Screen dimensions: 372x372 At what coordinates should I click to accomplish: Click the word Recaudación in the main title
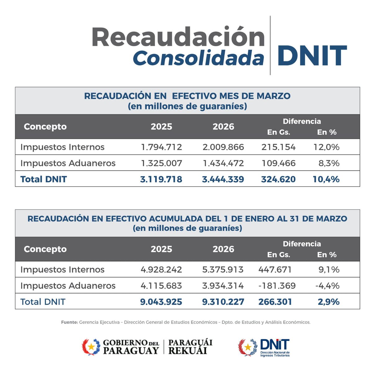click(x=178, y=37)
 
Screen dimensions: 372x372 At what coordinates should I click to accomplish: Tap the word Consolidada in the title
click(x=198, y=58)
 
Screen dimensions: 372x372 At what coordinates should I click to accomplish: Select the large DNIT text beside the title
click(x=312, y=56)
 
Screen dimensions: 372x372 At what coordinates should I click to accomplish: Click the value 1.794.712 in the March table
click(x=161, y=147)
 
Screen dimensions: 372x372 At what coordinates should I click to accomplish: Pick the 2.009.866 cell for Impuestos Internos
click(x=223, y=147)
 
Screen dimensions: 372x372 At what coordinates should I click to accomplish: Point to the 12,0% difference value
click(x=326, y=147)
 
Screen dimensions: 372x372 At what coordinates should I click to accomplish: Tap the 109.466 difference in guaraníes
click(x=278, y=163)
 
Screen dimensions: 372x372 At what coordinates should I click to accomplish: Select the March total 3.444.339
click(x=223, y=179)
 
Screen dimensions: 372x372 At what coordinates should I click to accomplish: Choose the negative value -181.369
click(x=277, y=286)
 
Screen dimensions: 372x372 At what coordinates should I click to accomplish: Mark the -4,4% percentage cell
click(x=327, y=286)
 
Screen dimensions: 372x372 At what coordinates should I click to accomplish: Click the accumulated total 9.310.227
click(x=223, y=302)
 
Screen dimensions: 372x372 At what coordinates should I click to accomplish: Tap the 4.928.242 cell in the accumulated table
click(x=161, y=269)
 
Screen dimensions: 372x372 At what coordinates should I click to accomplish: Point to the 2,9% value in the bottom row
click(x=329, y=302)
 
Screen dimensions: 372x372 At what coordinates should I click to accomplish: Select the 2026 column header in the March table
click(x=223, y=126)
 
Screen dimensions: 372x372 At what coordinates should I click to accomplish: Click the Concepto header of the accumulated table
click(x=45, y=249)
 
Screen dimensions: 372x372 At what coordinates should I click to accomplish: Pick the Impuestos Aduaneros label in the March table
click(x=68, y=163)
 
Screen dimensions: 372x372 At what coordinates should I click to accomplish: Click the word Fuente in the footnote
click(x=69, y=322)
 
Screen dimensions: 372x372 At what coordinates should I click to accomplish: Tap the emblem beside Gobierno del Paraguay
click(x=91, y=347)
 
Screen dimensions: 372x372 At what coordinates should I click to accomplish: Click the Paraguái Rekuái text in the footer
click(x=190, y=347)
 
